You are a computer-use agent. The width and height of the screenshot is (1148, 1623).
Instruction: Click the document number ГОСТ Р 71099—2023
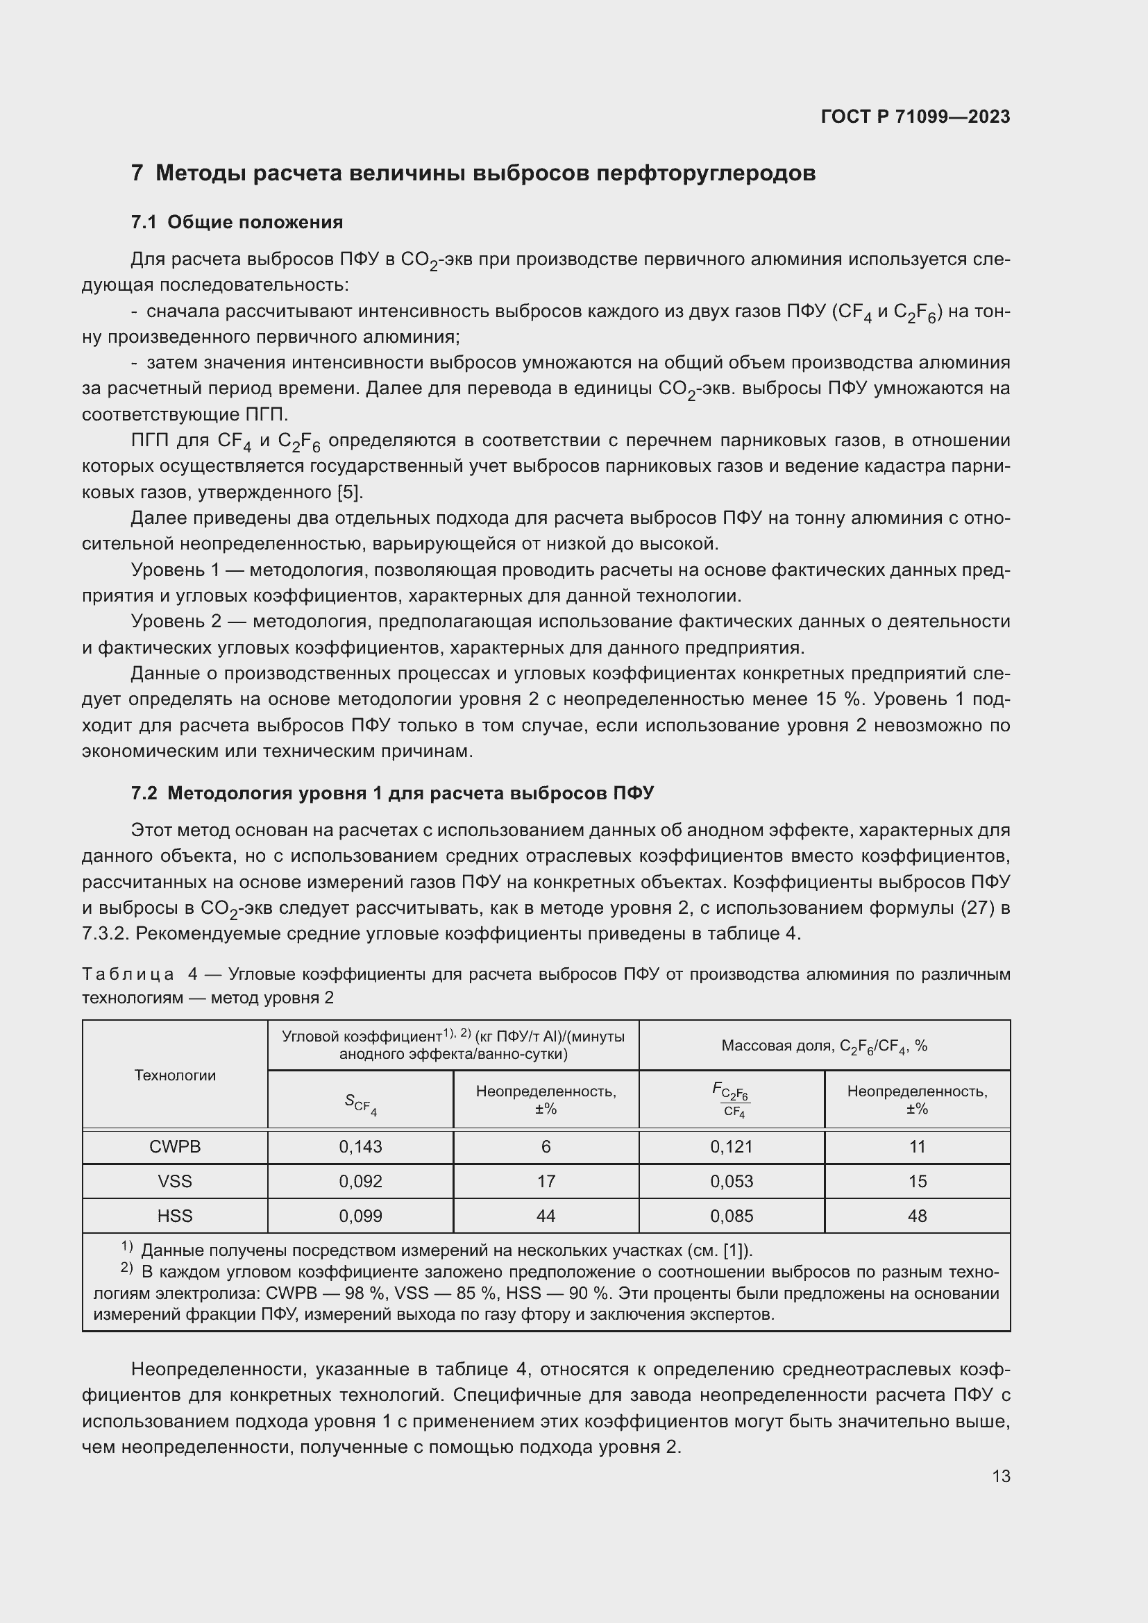915,117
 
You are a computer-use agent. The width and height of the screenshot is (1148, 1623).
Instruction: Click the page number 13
1000,1476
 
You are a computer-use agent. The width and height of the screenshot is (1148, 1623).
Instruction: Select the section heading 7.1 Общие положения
237,222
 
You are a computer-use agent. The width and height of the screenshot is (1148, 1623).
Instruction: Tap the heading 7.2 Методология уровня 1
392,793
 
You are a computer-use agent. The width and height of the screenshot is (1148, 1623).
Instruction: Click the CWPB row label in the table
175,1146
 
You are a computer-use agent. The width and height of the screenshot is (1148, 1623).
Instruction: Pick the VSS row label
175,1181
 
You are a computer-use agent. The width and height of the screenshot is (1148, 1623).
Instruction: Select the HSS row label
175,1216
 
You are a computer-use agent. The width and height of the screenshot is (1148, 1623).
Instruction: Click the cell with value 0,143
360,1146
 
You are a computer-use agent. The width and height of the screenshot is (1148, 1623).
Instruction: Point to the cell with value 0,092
360,1181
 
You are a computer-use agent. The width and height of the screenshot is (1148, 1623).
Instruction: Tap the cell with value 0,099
360,1216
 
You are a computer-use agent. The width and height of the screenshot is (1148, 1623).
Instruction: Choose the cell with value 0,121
732,1146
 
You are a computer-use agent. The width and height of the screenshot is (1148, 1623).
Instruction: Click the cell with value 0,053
732,1181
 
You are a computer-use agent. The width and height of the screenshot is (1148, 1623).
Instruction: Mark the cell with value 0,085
732,1216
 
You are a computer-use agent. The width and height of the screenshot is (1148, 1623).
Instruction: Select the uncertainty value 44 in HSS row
546,1216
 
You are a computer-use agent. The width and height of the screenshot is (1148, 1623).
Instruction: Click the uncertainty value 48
917,1216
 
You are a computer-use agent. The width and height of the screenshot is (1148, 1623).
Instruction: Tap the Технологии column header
175,1075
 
